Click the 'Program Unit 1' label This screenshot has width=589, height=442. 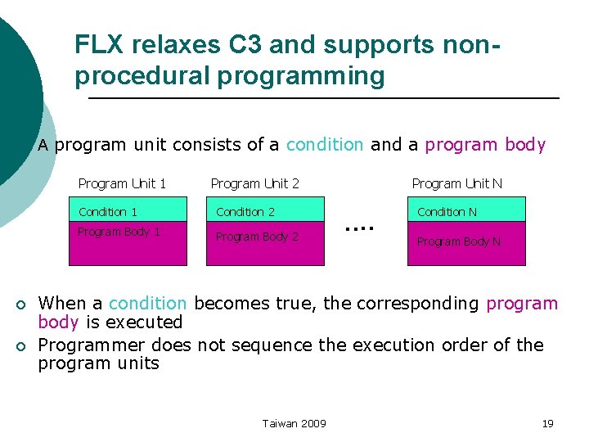click(x=122, y=183)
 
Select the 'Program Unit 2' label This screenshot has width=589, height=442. click(x=254, y=183)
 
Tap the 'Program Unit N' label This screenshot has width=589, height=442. click(x=456, y=183)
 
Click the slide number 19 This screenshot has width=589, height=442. click(x=548, y=423)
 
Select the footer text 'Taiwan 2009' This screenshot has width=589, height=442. click(x=294, y=423)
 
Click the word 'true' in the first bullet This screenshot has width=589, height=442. click(x=296, y=304)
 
